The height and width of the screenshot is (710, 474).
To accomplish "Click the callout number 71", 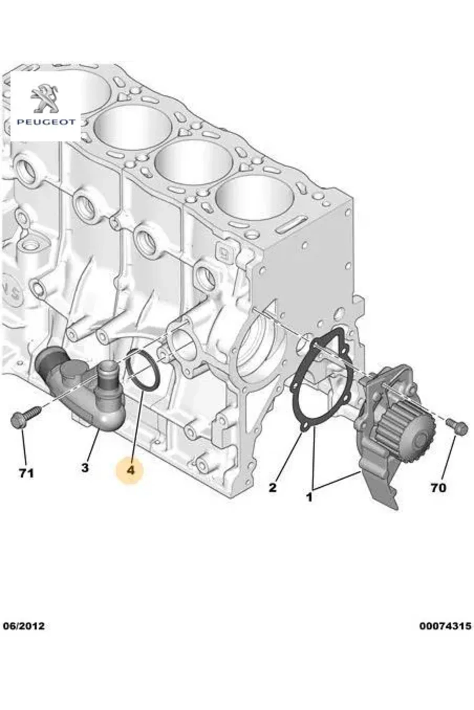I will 26,473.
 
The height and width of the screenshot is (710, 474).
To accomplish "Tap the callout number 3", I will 85,468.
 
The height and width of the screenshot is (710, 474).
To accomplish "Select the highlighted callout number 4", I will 131,470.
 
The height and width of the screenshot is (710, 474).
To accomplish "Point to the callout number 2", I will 273,488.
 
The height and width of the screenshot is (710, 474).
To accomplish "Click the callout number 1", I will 309,497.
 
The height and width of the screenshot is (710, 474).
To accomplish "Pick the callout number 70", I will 438,488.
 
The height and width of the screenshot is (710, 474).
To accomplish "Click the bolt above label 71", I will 24,417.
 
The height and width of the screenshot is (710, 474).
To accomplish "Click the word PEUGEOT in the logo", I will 45,122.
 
